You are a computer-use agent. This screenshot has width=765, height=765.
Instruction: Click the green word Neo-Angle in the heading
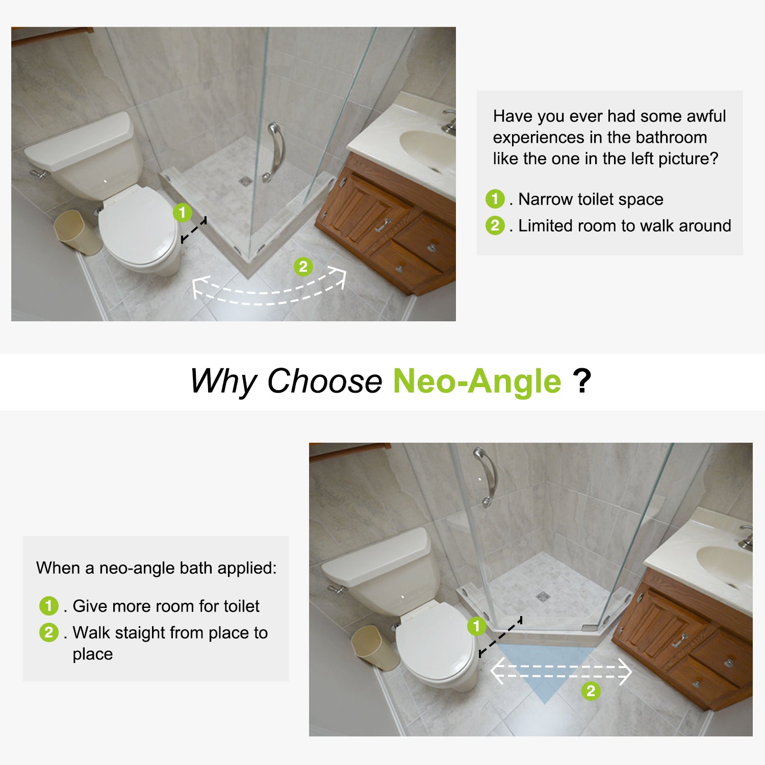click(477, 381)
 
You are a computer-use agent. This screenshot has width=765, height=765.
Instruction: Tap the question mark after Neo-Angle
click(582, 381)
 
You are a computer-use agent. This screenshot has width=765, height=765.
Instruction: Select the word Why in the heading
click(224, 381)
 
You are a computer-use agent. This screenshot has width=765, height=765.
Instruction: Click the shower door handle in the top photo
click(275, 152)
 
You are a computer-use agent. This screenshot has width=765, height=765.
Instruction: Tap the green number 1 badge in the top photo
click(182, 212)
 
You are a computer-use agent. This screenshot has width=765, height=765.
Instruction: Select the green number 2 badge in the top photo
click(303, 266)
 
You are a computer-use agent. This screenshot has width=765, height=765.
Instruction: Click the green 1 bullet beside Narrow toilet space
click(495, 198)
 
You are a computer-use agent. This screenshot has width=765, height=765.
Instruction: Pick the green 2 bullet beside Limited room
click(495, 225)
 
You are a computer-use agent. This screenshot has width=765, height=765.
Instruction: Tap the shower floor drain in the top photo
click(245, 181)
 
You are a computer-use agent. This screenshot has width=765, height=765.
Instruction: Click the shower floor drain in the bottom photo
click(543, 596)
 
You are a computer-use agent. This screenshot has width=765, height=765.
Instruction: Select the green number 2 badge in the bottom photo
click(591, 691)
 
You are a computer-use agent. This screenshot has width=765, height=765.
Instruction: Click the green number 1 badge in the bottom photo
click(477, 626)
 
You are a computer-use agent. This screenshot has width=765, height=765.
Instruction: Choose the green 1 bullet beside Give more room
click(49, 606)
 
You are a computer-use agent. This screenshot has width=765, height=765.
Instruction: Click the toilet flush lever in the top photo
click(40, 174)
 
